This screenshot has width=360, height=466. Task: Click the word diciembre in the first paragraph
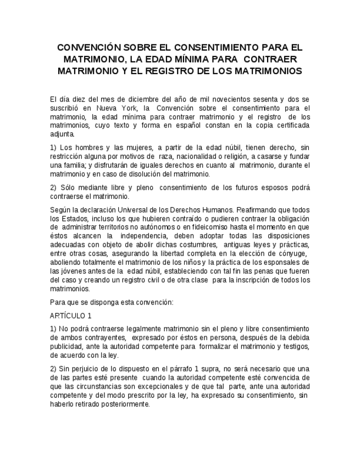(x=130, y=99)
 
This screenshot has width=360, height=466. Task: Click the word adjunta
(x=62, y=134)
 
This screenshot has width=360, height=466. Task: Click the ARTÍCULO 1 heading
(x=71, y=315)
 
